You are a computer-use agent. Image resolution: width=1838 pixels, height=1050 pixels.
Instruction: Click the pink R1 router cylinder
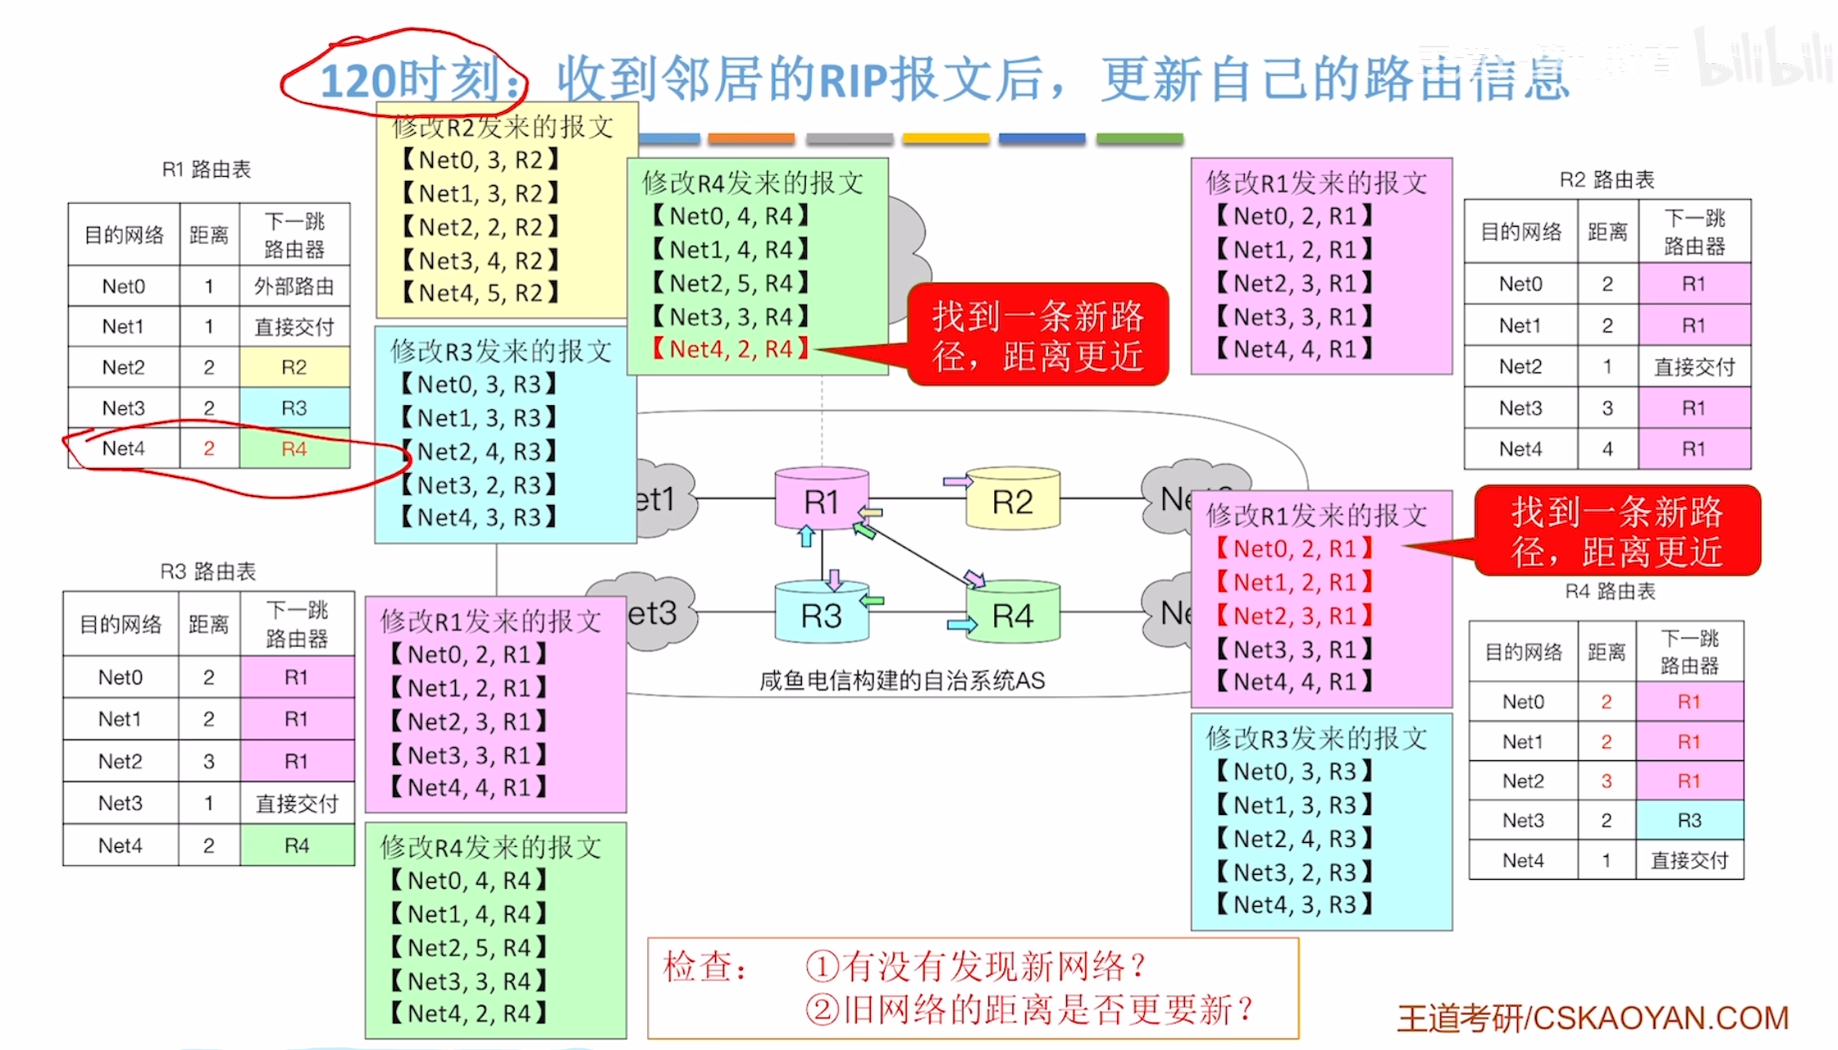click(821, 500)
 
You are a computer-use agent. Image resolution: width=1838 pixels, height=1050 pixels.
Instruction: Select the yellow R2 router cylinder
click(1012, 500)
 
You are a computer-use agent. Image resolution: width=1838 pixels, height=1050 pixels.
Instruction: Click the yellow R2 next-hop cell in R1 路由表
click(295, 367)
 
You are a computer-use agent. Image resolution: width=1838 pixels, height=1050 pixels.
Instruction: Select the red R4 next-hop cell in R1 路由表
click(295, 448)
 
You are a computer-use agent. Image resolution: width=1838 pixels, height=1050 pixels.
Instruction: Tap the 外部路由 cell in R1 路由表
click(295, 286)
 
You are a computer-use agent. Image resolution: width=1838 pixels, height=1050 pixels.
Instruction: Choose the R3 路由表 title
click(208, 570)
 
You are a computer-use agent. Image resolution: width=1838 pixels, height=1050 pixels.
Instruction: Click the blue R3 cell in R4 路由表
click(1689, 819)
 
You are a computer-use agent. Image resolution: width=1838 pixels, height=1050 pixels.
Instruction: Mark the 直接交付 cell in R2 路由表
click(1694, 367)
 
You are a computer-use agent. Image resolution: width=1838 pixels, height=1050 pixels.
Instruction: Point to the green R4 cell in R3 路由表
click(296, 845)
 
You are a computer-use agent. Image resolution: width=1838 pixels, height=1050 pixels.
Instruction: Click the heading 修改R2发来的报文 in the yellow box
click(502, 127)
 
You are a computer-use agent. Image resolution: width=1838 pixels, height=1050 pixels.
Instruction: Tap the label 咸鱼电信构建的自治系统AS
click(902, 680)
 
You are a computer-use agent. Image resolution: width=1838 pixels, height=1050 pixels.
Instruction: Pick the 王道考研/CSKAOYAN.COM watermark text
click(1592, 1018)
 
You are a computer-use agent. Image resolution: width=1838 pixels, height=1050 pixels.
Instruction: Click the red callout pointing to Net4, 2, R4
click(1038, 336)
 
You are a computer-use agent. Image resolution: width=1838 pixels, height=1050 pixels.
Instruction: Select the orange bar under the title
click(751, 138)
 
